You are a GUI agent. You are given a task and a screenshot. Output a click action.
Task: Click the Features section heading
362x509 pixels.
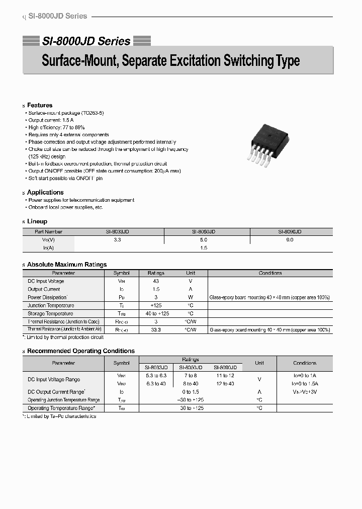pyautogui.click(x=40, y=105)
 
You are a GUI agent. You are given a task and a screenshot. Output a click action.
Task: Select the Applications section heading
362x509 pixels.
pyautogui.click(x=45, y=192)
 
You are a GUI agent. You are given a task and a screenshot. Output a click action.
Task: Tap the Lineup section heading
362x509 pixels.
pyautogui.click(x=37, y=221)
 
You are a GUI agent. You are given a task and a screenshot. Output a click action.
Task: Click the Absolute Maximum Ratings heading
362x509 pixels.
pyautogui.click(x=67, y=265)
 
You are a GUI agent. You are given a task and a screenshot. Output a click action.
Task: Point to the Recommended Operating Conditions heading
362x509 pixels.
pyautogui.click(x=80, y=351)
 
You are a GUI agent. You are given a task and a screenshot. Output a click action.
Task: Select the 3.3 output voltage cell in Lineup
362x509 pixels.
pyautogui.click(x=118, y=240)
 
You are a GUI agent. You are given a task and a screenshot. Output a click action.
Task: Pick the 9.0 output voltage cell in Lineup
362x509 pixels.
pyautogui.click(x=290, y=240)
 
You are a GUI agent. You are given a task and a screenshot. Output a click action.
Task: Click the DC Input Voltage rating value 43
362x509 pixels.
pyautogui.click(x=156, y=281)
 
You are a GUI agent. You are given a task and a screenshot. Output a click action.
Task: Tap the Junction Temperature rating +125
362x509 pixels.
pyautogui.click(x=156, y=305)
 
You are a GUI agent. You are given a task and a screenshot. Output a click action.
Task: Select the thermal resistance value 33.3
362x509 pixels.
pyautogui.click(x=156, y=330)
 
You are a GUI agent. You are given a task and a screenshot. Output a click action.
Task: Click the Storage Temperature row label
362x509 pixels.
pyautogui.click(x=50, y=313)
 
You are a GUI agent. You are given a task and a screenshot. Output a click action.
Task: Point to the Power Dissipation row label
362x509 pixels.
pyautogui.click(x=47, y=297)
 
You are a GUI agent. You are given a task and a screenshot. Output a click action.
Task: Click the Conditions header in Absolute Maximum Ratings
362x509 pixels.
pyautogui.click(x=270, y=273)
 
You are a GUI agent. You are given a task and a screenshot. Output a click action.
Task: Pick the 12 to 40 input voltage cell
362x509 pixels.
pyautogui.click(x=225, y=384)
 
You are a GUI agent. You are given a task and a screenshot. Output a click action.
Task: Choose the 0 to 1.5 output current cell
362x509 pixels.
pyautogui.click(x=191, y=392)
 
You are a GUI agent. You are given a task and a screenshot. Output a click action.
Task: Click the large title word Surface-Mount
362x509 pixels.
pyautogui.click(x=79, y=61)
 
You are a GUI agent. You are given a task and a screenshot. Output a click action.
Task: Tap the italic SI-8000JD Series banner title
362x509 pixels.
pyautogui.click(x=86, y=41)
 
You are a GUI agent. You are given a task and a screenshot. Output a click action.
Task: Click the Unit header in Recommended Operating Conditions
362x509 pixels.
pyautogui.click(x=259, y=363)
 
